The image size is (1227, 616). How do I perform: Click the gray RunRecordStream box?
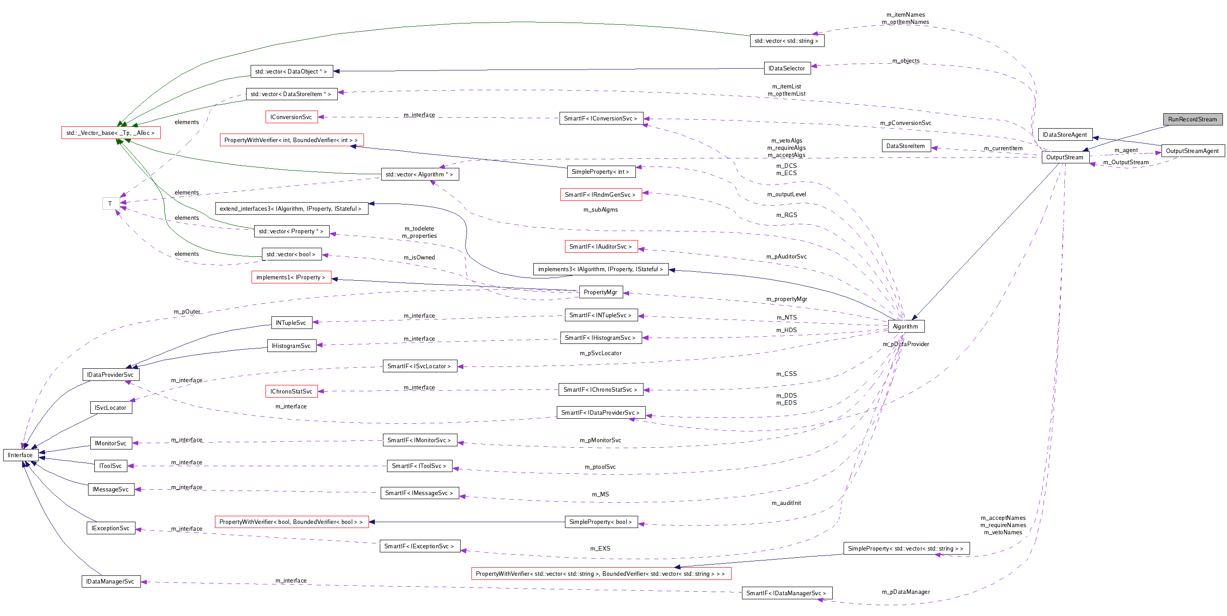pyautogui.click(x=1192, y=119)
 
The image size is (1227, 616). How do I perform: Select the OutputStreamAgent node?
pyautogui.click(x=1192, y=151)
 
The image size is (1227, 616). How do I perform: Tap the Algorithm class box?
pyautogui.click(x=905, y=326)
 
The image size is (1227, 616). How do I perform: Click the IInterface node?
pyautogui.click(x=20, y=455)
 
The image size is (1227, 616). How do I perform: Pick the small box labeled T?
pyautogui.click(x=110, y=203)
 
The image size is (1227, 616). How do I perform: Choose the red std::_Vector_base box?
pyautogui.click(x=111, y=133)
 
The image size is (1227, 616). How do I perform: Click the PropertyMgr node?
pyautogui.click(x=600, y=292)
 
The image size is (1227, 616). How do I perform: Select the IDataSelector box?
pyautogui.click(x=786, y=68)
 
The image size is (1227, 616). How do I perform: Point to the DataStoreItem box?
pyautogui.click(x=905, y=146)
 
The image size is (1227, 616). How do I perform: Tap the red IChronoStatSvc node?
pyautogui.click(x=291, y=391)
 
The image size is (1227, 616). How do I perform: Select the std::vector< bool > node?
pyautogui.click(x=291, y=254)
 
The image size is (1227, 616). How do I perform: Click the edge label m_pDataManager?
pyautogui.click(x=905, y=592)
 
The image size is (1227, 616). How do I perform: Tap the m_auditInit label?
pyautogui.click(x=786, y=503)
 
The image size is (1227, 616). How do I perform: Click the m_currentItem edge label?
pyautogui.click(x=1003, y=148)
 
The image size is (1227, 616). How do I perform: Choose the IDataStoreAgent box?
pyautogui.click(x=1064, y=135)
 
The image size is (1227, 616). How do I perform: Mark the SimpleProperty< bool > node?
pyautogui.click(x=600, y=522)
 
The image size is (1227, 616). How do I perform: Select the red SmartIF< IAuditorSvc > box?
pyautogui.click(x=600, y=246)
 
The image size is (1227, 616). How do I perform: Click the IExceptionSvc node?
pyautogui.click(x=111, y=528)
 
